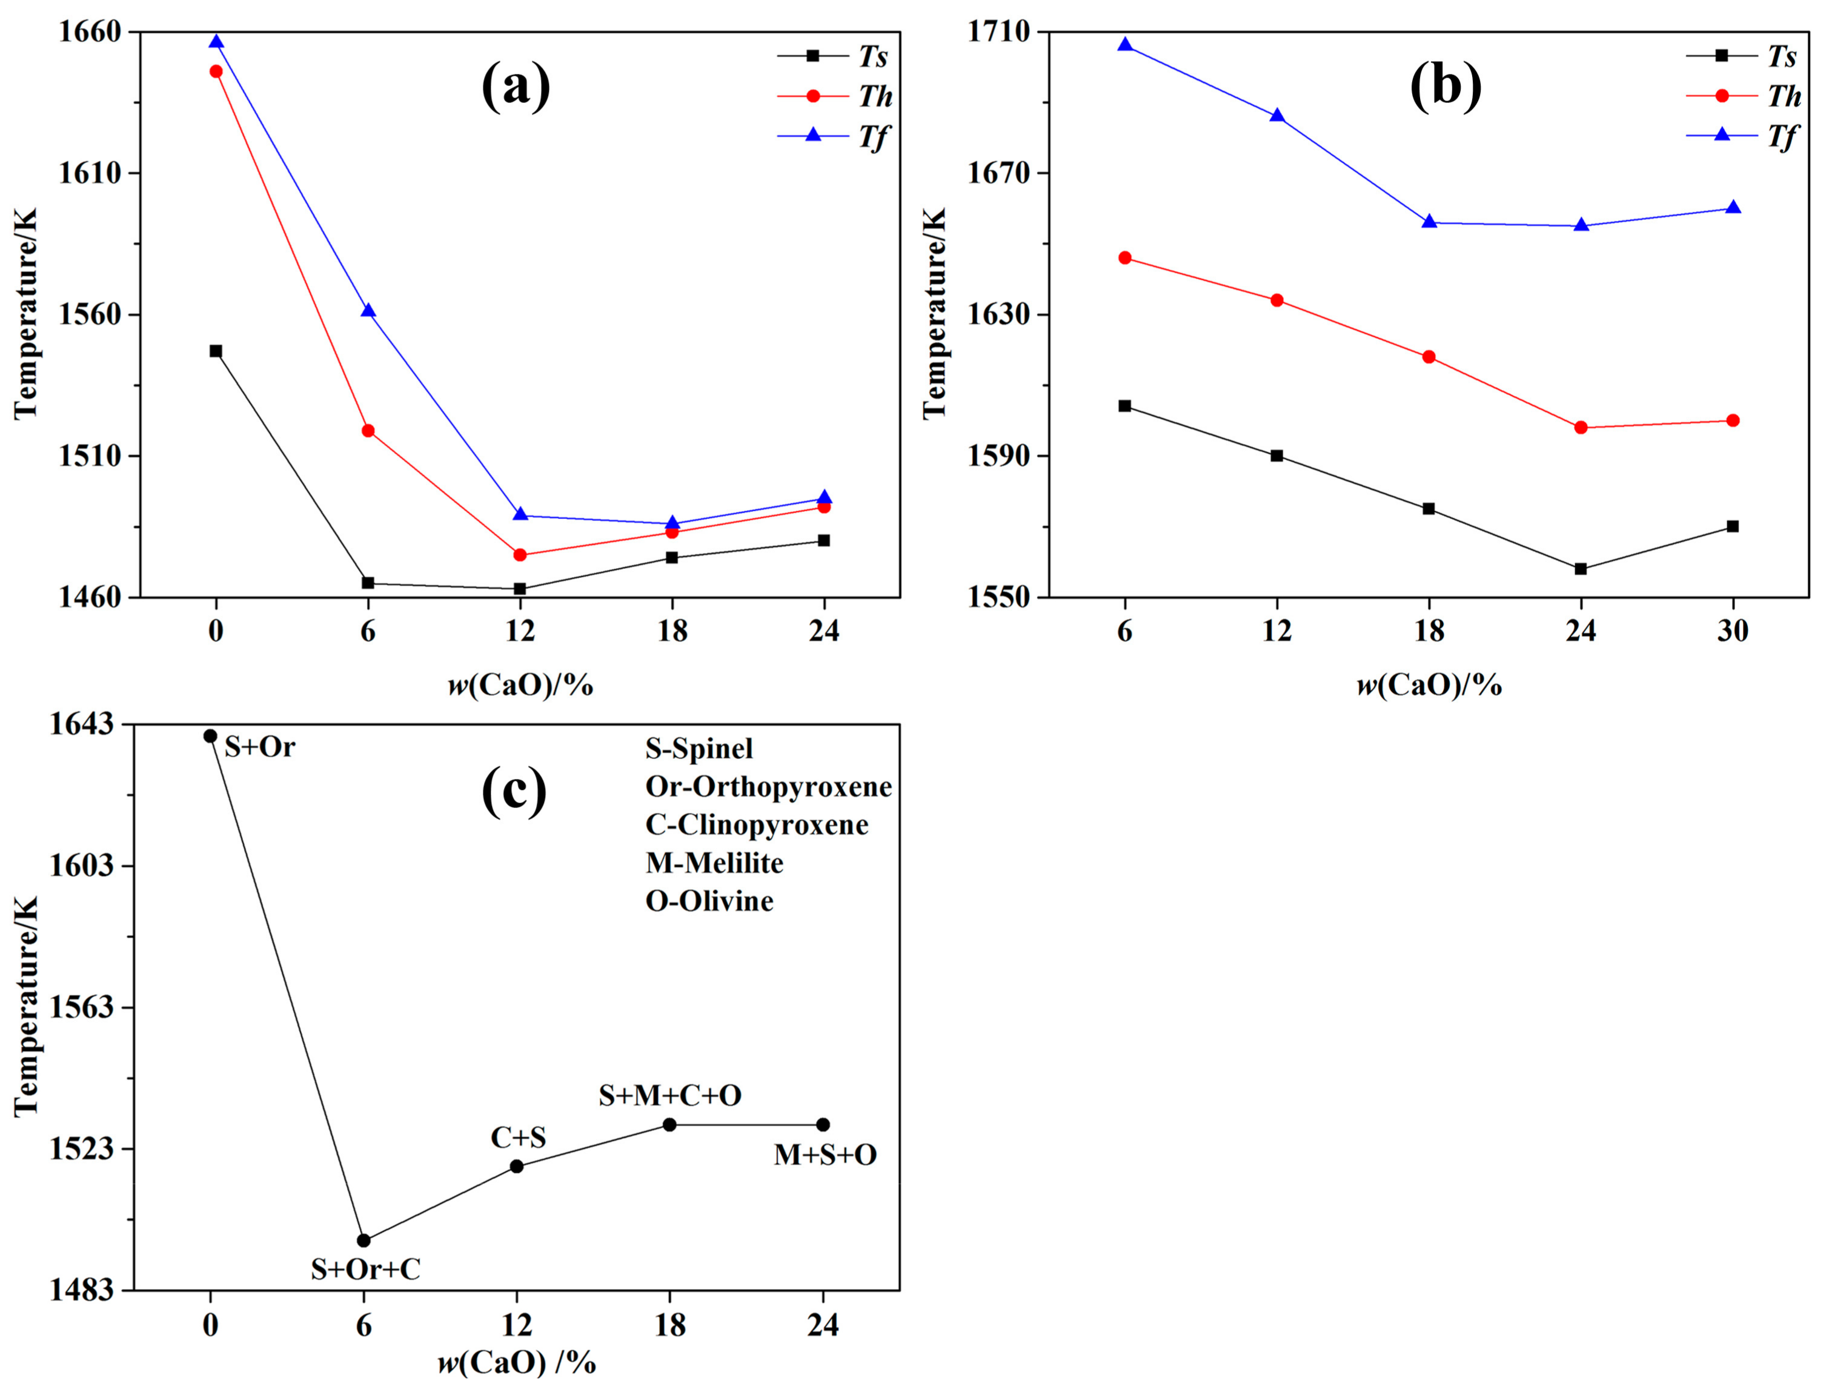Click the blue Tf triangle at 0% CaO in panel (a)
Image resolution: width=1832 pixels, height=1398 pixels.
216,42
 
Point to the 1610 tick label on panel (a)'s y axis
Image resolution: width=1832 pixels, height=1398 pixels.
89,174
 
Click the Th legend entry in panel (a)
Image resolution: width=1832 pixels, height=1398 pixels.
835,96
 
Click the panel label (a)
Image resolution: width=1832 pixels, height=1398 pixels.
516,86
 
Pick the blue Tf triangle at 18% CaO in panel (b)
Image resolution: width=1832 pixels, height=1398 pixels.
1429,221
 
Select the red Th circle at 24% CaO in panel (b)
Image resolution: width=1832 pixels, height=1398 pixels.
1581,428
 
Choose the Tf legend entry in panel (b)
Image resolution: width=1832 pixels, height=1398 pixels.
1743,136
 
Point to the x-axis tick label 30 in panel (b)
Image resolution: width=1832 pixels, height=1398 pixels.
1733,632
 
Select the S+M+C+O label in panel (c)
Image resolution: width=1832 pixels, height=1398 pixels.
670,1096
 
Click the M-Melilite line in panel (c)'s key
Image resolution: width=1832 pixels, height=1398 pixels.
714,863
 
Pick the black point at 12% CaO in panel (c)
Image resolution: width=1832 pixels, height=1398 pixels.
517,1167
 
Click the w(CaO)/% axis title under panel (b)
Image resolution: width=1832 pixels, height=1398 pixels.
1429,686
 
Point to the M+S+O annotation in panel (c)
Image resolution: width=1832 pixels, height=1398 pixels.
825,1155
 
